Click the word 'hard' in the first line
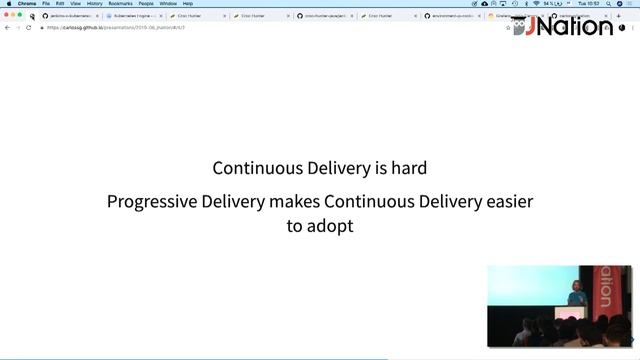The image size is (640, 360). pyautogui.click(x=407, y=169)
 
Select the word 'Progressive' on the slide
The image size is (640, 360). pyautogui.click(x=152, y=202)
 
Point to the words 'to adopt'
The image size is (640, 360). pyautogui.click(x=319, y=226)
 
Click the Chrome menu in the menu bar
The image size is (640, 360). pyautogui.click(x=27, y=4)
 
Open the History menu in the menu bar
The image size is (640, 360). pyautogui.click(x=94, y=4)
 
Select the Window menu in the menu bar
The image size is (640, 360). pyautogui.click(x=168, y=4)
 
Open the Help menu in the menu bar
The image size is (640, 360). pyautogui.click(x=188, y=4)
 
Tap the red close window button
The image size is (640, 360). pyautogui.click(x=6, y=15)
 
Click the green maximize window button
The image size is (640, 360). pyautogui.click(x=20, y=15)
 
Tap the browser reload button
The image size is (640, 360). pyautogui.click(x=29, y=28)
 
